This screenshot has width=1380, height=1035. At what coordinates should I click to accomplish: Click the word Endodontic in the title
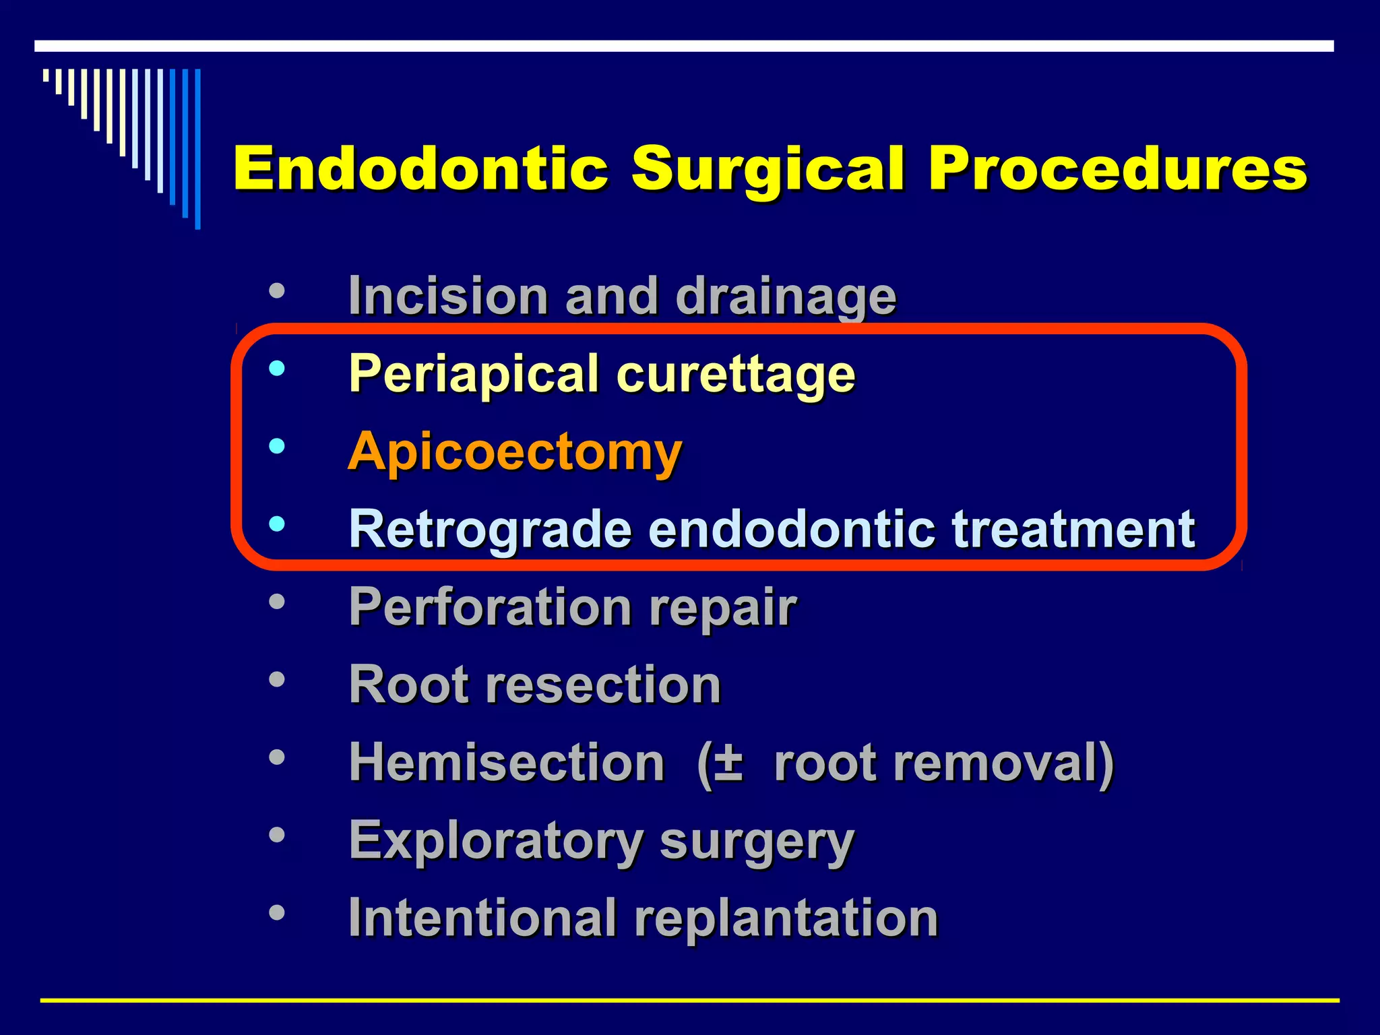pos(420,168)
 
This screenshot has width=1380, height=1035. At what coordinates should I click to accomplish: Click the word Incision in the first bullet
pos(448,296)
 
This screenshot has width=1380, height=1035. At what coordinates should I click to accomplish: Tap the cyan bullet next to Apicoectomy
pos(276,446)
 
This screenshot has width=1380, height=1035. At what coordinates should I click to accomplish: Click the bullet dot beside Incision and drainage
pos(276,292)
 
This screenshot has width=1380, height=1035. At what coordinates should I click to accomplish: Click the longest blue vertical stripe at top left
pos(197,149)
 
